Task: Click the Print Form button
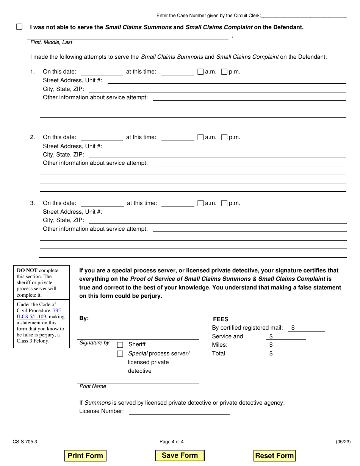(85, 455)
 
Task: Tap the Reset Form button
(274, 455)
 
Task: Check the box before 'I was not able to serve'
(19, 27)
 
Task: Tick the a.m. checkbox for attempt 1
(200, 72)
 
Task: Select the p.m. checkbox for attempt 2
(224, 138)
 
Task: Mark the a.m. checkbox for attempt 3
(200, 203)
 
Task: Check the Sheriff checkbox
(120, 345)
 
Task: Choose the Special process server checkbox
(120, 354)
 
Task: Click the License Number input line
(179, 411)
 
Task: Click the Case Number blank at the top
(304, 16)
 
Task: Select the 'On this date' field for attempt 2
(102, 138)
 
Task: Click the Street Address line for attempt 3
(227, 212)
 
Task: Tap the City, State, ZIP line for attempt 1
(217, 89)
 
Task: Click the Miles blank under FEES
(243, 345)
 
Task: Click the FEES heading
(221, 319)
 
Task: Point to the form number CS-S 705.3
(25, 441)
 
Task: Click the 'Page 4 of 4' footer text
(172, 441)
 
